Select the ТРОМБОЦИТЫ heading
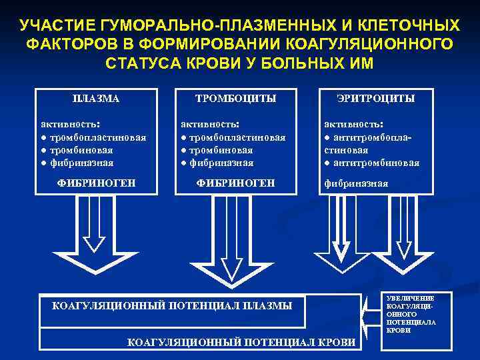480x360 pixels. [x=235, y=99]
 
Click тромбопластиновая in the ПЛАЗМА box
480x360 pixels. [x=96, y=137]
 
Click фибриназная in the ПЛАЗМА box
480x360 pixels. [x=79, y=163]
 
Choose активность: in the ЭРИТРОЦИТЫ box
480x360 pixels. [x=353, y=124]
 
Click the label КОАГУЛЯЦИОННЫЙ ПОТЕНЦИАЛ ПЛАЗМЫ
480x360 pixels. [x=172, y=306]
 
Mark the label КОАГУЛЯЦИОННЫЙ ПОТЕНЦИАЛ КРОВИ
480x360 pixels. [x=241, y=343]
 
